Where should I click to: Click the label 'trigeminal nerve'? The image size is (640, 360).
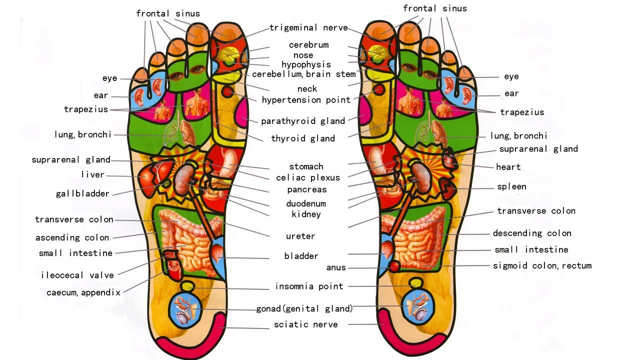[x=308, y=28]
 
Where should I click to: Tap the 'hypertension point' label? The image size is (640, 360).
[x=306, y=100]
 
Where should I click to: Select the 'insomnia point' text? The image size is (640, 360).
[x=309, y=286]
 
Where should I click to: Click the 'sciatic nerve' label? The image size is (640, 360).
[x=305, y=325]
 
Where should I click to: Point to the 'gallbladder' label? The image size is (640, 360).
[x=82, y=193]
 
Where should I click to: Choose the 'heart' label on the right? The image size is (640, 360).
[x=508, y=167]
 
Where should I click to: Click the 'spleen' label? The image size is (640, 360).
[x=511, y=187]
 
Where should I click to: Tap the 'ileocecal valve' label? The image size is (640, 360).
[x=77, y=275]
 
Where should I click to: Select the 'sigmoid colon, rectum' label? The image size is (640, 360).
[x=542, y=265]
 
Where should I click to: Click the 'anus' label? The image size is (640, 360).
[x=336, y=267]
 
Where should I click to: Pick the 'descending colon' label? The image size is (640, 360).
[x=532, y=233]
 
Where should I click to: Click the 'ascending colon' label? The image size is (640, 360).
[x=72, y=237]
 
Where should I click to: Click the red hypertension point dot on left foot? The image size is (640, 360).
[x=227, y=92]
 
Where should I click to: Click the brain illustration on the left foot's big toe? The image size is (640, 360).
[x=230, y=53]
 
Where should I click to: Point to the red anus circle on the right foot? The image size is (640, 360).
[x=394, y=266]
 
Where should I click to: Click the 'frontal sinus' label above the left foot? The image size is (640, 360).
[x=168, y=13]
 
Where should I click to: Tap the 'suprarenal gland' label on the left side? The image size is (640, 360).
[x=70, y=160]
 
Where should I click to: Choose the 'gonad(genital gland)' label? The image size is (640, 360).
[x=304, y=308]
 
